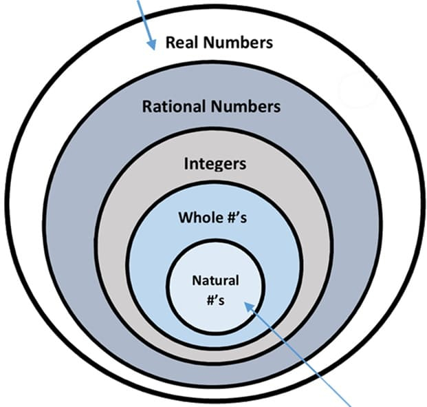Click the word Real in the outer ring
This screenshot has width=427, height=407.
tap(180, 43)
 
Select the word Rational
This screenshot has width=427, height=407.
tap(171, 107)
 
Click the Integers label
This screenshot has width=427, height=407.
tap(215, 164)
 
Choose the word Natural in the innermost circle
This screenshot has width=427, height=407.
tap(215, 280)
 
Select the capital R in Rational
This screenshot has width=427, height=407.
tap(146, 107)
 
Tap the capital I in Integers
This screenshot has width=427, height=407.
tap(186, 164)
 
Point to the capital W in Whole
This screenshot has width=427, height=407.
tap(185, 218)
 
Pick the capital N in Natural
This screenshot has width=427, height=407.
tap(196, 280)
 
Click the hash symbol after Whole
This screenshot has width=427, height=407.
tap(231, 218)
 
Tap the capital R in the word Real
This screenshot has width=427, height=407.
tap(170, 43)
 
